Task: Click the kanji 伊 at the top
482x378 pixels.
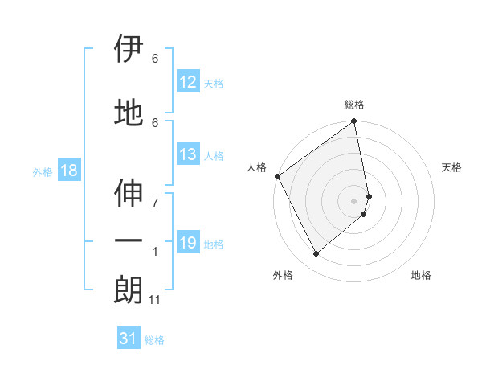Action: pyautogui.click(x=129, y=50)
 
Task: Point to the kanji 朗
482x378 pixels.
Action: pyautogui.click(x=129, y=290)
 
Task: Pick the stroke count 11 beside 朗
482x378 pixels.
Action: pyautogui.click(x=155, y=300)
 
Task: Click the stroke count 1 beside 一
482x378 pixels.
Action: pyautogui.click(x=155, y=252)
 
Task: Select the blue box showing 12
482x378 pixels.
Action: pyautogui.click(x=187, y=82)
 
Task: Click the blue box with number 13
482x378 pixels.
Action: pyautogui.click(x=187, y=154)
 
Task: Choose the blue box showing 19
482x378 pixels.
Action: pyautogui.click(x=187, y=243)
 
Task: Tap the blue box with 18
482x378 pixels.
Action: pyautogui.click(x=68, y=171)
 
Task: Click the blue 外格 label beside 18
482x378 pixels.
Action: pyautogui.click(x=43, y=172)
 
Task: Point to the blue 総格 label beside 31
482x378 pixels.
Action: pyautogui.click(x=154, y=340)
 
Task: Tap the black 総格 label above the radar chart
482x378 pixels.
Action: pyautogui.click(x=354, y=105)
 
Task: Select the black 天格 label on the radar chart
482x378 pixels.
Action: pyautogui.click(x=451, y=167)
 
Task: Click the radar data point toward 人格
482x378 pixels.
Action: pyautogui.click(x=277, y=176)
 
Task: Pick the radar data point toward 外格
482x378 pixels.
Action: pyautogui.click(x=317, y=253)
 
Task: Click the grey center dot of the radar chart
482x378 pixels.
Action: pyautogui.click(x=354, y=200)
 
